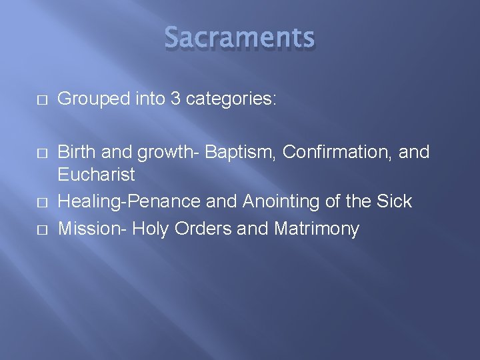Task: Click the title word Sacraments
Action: coord(239,38)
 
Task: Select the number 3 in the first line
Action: coord(175,99)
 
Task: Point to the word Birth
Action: coord(75,153)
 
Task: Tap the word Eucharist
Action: coord(96,175)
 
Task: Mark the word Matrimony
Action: coord(316,229)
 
